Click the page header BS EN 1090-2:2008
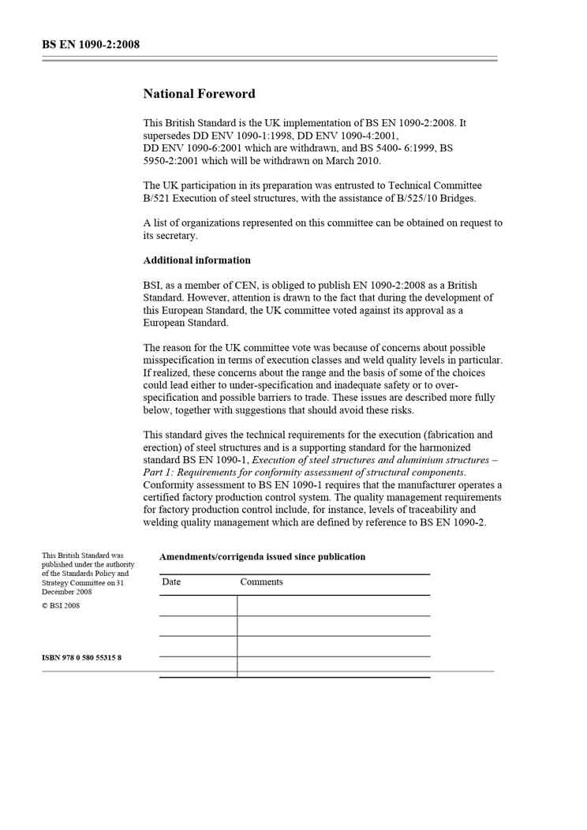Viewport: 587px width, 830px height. tap(91, 44)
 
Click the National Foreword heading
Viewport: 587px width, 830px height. tap(199, 94)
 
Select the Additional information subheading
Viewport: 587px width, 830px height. tap(197, 260)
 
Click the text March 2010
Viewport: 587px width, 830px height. tap(353, 161)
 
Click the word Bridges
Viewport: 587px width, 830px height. tap(457, 199)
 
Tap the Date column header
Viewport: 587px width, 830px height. tap(171, 582)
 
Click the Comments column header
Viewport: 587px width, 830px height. tap(261, 582)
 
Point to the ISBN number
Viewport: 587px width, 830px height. tap(81, 658)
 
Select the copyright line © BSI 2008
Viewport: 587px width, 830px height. tap(61, 606)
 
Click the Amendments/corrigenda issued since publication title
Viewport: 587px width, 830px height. tap(262, 557)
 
